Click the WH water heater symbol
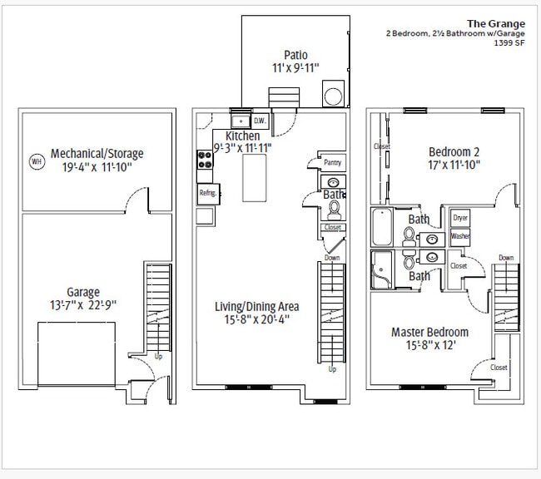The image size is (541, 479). click(x=37, y=161)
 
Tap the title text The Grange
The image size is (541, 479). click(x=496, y=24)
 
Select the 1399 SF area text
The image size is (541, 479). click(x=509, y=43)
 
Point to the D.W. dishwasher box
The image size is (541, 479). click(x=260, y=121)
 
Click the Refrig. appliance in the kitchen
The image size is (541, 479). click(x=208, y=194)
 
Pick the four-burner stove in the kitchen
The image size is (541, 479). click(x=205, y=160)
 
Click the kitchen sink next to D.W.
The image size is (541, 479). click(x=241, y=121)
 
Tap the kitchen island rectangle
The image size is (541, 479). click(x=255, y=178)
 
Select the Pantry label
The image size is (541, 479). click(x=333, y=162)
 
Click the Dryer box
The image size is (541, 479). click(x=460, y=218)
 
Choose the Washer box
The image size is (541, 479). click(x=460, y=236)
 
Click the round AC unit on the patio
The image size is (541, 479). click(x=333, y=96)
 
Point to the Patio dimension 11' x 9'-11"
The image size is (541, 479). click(x=295, y=68)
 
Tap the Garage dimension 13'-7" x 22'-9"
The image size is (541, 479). click(x=83, y=305)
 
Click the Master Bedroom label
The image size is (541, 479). click(x=430, y=333)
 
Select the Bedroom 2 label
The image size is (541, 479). click(x=454, y=152)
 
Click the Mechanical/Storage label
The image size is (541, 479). click(x=97, y=154)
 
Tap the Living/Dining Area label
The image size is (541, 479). click(x=257, y=307)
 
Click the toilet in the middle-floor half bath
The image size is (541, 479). click(x=334, y=210)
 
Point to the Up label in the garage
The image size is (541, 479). click(x=158, y=357)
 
